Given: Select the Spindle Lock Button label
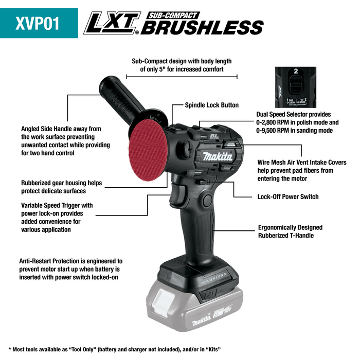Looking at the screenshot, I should coord(211,105).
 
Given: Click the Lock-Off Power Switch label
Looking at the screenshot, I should coord(287,196).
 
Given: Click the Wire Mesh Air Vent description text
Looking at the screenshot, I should coord(301,170).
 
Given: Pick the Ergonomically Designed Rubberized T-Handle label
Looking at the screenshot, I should coord(290,231).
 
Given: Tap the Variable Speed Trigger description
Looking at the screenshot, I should coord(57,217).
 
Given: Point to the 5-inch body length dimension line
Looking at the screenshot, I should coord(182,77).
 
